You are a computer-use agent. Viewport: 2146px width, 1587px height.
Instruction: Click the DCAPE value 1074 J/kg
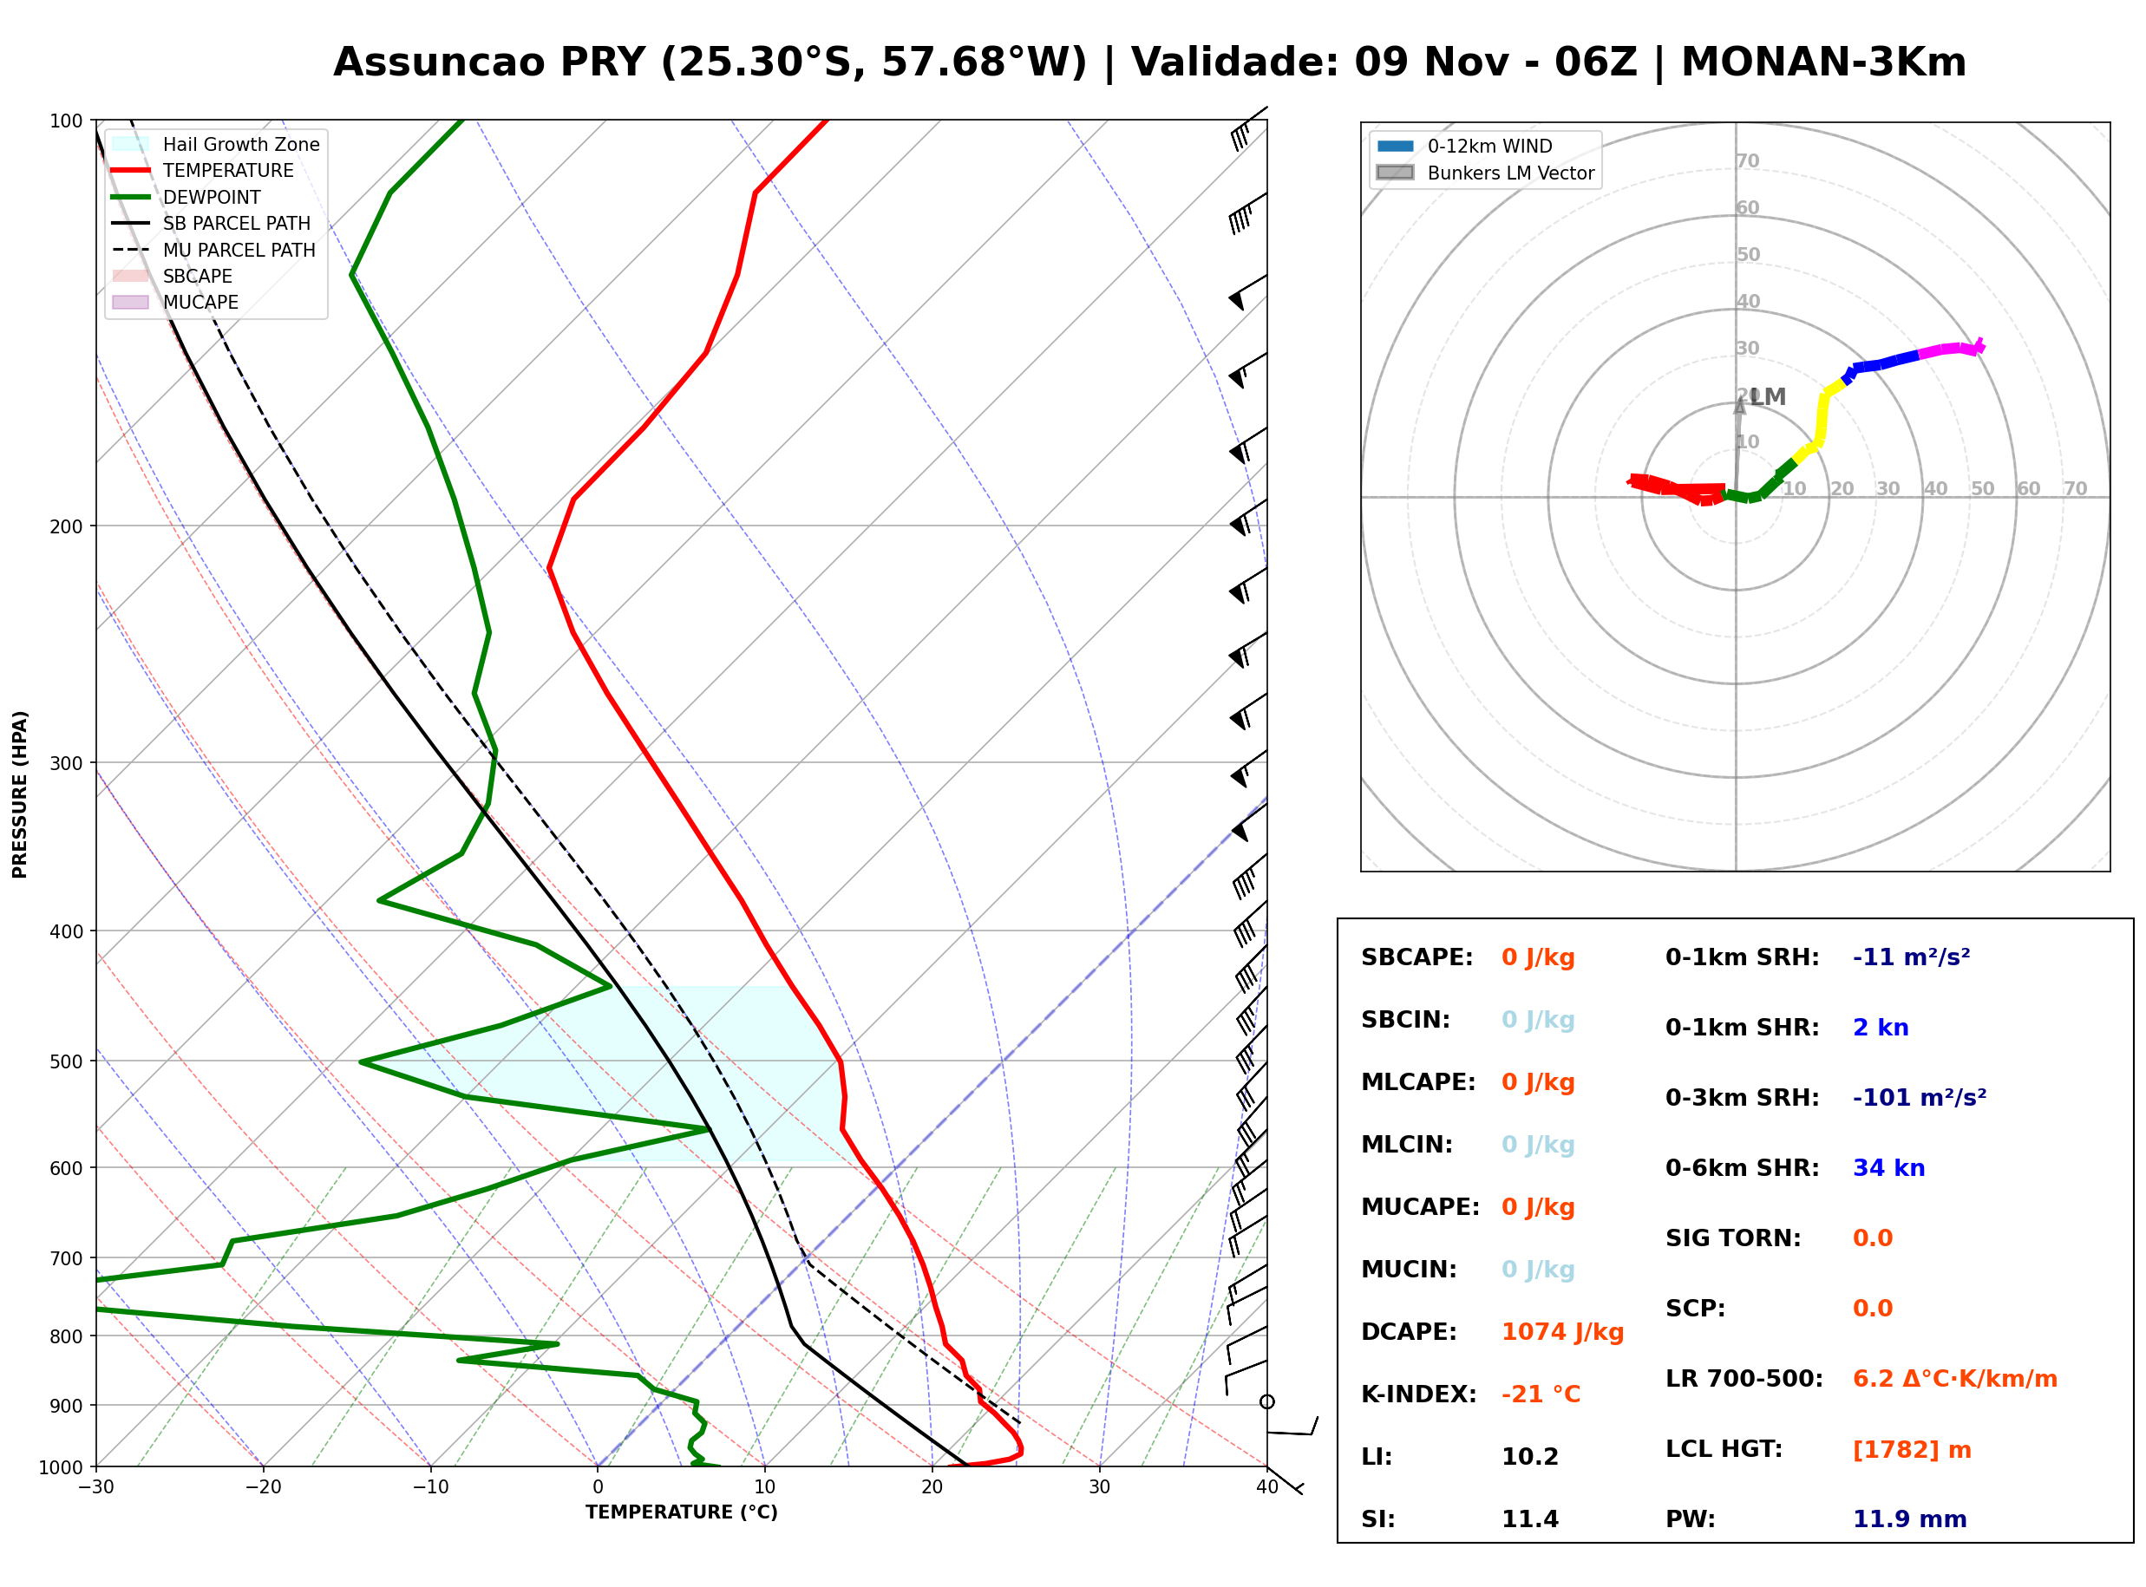click(x=1562, y=1332)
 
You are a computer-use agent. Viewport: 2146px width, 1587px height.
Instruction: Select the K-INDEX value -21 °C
click(x=1541, y=1394)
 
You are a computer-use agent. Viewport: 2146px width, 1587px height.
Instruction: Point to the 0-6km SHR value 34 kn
click(x=1888, y=1168)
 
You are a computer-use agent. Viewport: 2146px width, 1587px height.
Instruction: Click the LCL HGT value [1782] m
click(x=1912, y=1450)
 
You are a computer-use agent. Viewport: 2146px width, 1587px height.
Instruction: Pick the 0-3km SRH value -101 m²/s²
click(x=1920, y=1097)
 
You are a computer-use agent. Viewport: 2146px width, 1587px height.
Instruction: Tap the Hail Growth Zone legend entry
click(x=216, y=144)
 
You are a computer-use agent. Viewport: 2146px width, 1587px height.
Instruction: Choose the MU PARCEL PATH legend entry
click(x=213, y=250)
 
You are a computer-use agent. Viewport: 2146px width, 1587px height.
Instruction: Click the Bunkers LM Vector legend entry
click(x=1485, y=173)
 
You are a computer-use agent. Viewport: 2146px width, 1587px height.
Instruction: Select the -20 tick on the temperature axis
click(x=263, y=1487)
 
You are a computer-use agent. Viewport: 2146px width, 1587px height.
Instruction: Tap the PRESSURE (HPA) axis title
click(x=19, y=794)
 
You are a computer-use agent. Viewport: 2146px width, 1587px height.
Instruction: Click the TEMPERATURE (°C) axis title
click(x=682, y=1512)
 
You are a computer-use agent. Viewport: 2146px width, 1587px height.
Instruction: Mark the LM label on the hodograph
click(x=1768, y=397)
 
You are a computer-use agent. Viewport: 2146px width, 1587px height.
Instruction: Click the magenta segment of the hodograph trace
click(x=1950, y=349)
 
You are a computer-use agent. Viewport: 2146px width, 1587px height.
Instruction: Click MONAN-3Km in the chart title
click(x=1823, y=62)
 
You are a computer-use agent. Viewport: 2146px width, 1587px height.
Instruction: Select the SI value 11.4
click(x=1529, y=1519)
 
